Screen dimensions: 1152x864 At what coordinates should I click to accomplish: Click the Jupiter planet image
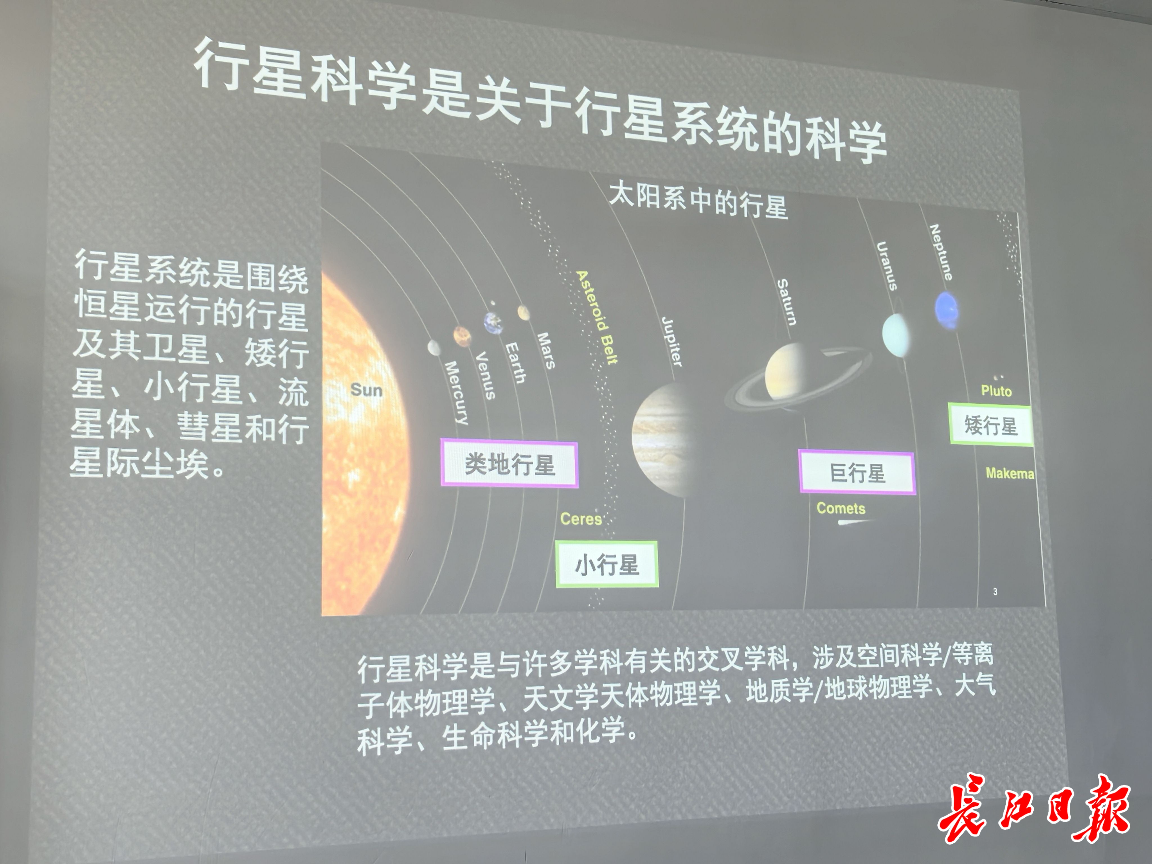[x=660, y=440]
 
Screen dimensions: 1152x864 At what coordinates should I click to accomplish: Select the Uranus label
[x=887, y=265]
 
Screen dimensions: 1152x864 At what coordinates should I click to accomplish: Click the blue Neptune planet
[x=946, y=310]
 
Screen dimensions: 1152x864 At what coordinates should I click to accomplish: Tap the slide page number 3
[x=995, y=592]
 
